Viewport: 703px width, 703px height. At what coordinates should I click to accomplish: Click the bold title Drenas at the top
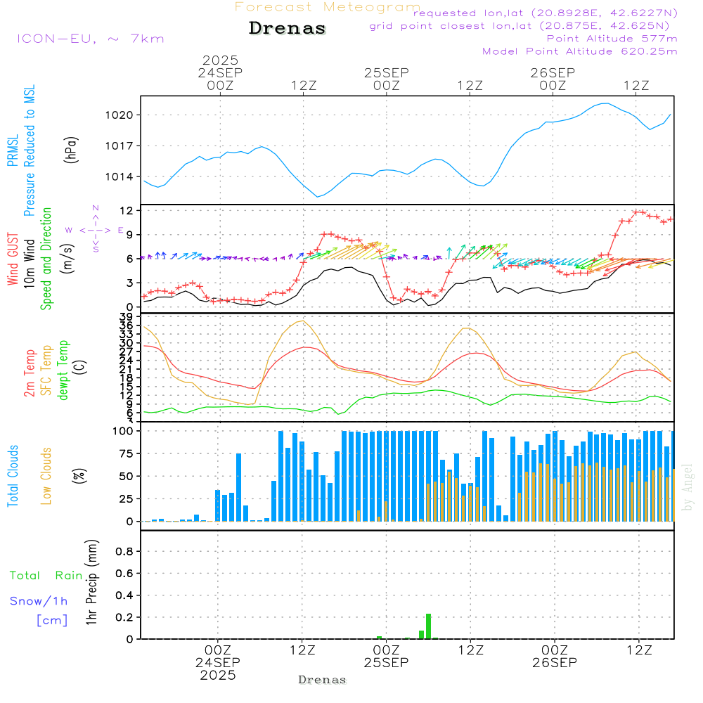point(288,29)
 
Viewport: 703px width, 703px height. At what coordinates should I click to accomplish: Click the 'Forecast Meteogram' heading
point(328,7)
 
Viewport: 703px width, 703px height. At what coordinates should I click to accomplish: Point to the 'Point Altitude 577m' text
point(612,39)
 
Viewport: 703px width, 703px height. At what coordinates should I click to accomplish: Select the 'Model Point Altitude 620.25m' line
point(580,51)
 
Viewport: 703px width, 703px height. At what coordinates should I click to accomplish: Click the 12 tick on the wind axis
point(127,211)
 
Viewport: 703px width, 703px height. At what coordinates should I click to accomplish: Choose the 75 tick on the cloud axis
point(127,454)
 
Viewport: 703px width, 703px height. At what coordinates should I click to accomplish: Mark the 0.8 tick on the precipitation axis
point(124,552)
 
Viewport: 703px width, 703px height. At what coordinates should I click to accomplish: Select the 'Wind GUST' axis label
point(13,259)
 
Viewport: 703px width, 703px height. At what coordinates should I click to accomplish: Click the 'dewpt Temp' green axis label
point(63,370)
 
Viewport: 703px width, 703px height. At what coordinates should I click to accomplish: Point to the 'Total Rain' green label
point(46,575)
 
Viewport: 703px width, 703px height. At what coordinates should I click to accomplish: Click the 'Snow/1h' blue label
point(39,601)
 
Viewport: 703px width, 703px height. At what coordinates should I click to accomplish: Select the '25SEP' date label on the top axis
point(386,73)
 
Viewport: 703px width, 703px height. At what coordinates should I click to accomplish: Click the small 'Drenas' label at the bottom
point(322,680)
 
